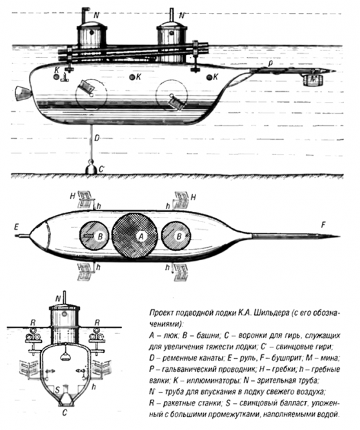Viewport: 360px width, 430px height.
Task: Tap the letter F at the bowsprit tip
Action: (x=323, y=225)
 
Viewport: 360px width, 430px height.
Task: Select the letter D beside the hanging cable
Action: (x=97, y=138)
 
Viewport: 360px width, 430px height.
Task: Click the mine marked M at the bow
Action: (x=313, y=79)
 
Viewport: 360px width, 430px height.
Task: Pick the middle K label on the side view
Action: (x=139, y=77)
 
